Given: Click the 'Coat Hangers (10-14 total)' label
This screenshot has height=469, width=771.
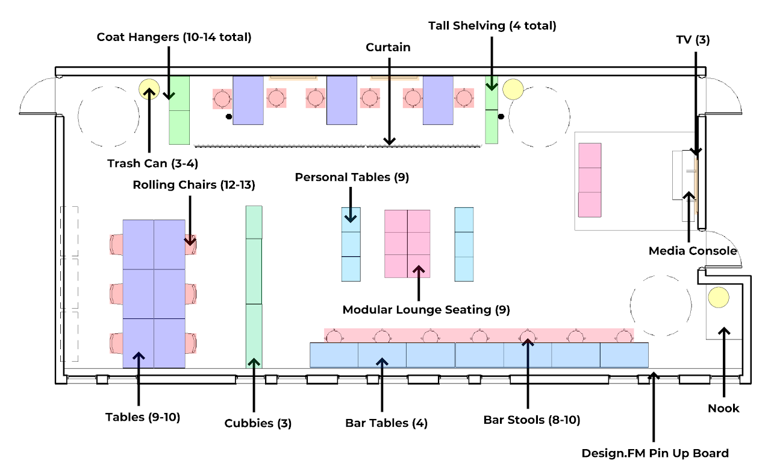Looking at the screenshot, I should [x=174, y=37].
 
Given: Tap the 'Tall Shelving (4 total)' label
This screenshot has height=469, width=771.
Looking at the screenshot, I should [x=492, y=26].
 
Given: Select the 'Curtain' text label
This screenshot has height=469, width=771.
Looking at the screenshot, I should [x=389, y=47].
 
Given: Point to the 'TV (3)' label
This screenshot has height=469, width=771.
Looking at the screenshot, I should [x=693, y=40].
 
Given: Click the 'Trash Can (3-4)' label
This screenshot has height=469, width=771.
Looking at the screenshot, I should [x=153, y=163].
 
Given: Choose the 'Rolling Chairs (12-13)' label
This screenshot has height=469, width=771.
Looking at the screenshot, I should [x=194, y=185].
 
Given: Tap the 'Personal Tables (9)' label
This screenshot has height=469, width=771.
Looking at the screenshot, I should [x=351, y=177].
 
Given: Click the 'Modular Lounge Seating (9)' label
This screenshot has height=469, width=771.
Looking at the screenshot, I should [x=426, y=310].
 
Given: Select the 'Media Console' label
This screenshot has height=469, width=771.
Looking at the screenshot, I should [x=693, y=251].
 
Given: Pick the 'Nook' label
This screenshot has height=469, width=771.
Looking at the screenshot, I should [x=723, y=408].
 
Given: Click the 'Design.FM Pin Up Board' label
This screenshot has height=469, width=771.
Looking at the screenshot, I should [x=655, y=453].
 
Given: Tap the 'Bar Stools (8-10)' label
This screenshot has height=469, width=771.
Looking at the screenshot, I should [x=532, y=420].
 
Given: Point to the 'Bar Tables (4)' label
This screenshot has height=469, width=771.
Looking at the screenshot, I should [x=386, y=423].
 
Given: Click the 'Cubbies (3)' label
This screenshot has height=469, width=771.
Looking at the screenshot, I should [x=258, y=423].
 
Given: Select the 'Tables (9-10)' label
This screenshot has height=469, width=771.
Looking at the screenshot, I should [x=143, y=417].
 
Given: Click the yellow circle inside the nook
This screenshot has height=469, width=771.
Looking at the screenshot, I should [x=718, y=297].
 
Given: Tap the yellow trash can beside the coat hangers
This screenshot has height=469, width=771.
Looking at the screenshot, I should [x=148, y=89].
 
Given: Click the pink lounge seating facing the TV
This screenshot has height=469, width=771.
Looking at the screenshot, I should [x=590, y=180].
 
